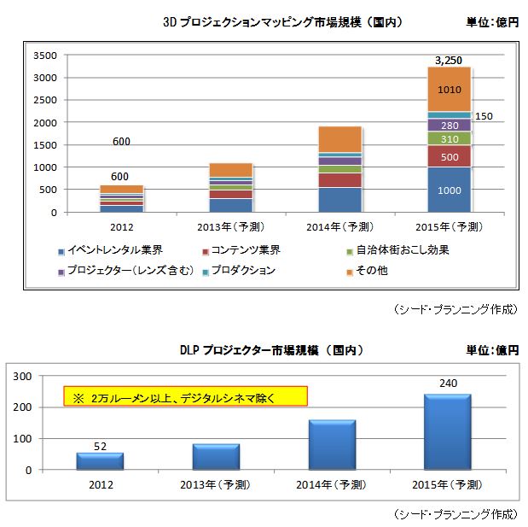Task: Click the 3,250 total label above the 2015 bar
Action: point(448,60)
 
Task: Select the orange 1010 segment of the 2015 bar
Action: point(449,89)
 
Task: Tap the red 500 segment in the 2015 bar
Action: point(449,157)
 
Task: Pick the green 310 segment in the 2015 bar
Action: point(449,138)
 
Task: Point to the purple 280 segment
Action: point(449,126)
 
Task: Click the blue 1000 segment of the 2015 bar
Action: point(449,190)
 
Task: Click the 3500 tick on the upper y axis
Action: point(44,56)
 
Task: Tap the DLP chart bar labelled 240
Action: point(448,431)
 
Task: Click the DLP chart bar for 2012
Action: point(100,460)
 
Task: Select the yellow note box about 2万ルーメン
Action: point(185,396)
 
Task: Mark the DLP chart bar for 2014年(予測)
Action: point(332,444)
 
